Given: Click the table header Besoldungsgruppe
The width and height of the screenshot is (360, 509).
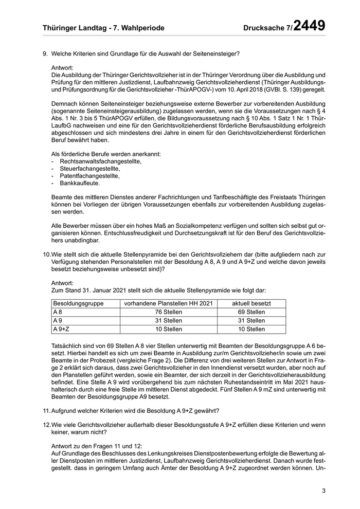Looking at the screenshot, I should tap(78, 303).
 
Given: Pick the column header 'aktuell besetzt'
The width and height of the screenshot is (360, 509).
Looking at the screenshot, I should tap(251, 303).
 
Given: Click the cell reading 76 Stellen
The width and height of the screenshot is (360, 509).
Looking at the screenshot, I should tap(168, 312).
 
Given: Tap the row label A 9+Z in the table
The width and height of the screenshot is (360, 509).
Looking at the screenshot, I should tap(62, 329).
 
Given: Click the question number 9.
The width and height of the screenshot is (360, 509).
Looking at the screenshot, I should tap(45, 53).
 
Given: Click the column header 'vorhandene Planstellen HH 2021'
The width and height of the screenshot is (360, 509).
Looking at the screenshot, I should tap(168, 303).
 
